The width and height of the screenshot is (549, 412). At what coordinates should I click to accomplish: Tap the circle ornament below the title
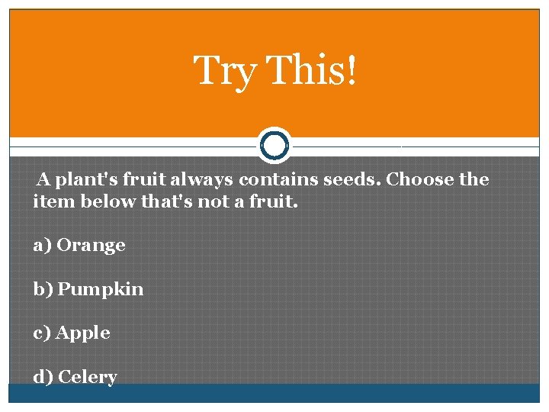[274, 144]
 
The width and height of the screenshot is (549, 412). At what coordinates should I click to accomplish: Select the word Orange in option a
[91, 245]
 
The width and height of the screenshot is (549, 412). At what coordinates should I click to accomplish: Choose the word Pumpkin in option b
[101, 289]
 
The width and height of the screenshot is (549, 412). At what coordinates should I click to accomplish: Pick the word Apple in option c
[83, 333]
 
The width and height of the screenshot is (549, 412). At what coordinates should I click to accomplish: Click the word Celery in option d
[87, 377]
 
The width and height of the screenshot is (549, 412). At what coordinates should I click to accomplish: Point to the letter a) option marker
[42, 245]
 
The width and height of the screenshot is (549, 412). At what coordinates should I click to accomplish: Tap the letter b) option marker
[43, 289]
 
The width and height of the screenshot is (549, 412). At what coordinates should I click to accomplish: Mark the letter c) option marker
[42, 333]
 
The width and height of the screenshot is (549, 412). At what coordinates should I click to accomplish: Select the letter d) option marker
[43, 377]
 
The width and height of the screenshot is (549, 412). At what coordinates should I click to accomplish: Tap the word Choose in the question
[419, 180]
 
